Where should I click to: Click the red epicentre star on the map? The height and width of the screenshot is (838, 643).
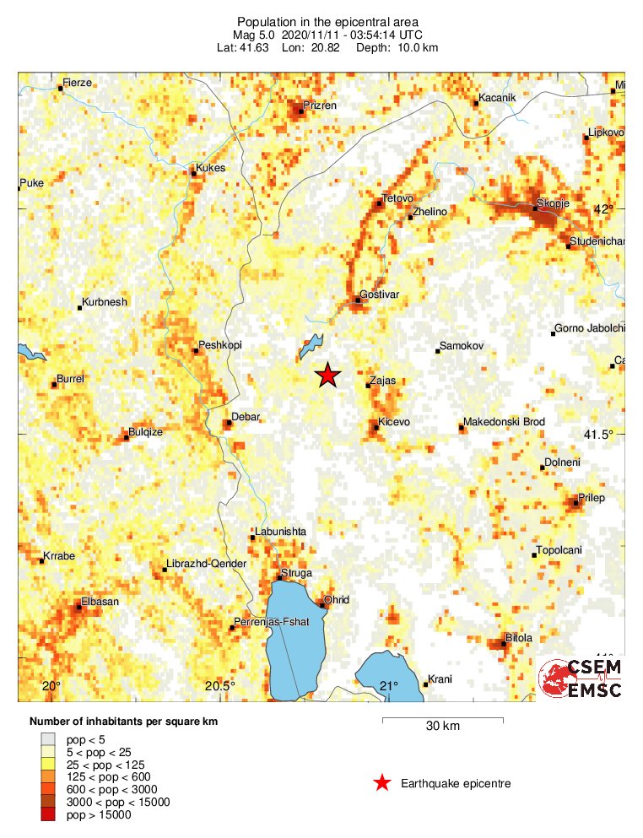tap(327, 376)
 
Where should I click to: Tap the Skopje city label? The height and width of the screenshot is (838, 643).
tap(554, 203)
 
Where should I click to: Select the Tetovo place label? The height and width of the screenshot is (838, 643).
tap(395, 198)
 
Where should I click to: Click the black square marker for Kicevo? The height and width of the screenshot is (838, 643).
tap(376, 428)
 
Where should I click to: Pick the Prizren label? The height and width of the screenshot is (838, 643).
tap(321, 105)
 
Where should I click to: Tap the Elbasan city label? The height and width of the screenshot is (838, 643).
tap(100, 601)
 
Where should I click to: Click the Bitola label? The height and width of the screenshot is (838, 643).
tap(518, 638)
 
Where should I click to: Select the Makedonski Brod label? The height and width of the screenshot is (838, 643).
tap(505, 422)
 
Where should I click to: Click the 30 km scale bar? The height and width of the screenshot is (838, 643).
tap(443, 720)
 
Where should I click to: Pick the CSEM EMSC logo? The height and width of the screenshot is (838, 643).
tap(581, 678)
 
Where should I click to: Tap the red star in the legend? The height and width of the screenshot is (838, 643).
tap(382, 783)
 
